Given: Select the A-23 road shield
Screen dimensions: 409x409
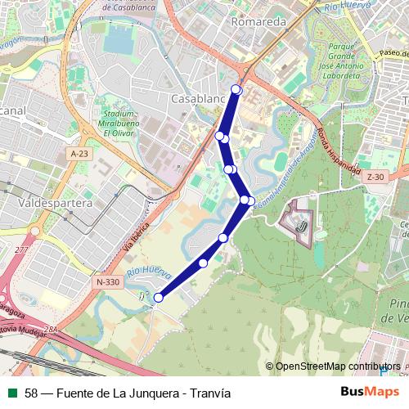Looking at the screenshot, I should click(x=79, y=153).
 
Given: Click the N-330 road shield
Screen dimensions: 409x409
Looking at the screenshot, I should click(x=107, y=282).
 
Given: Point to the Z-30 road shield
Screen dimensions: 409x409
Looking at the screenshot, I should click(x=375, y=177).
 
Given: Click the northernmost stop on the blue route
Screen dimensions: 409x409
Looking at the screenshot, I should click(x=236, y=89).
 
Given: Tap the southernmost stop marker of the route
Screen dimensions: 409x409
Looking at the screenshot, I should click(x=159, y=298).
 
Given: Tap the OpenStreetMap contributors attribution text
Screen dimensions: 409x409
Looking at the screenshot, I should click(x=337, y=366).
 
